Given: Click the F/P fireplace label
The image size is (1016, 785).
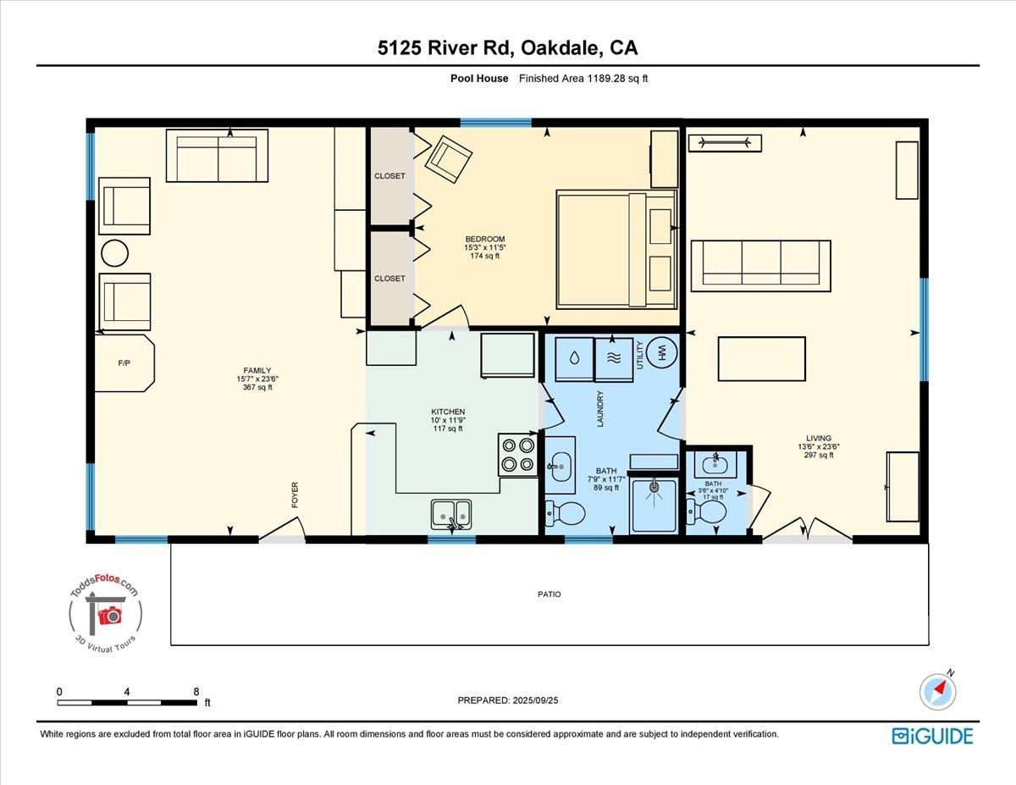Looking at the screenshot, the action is point(124,362).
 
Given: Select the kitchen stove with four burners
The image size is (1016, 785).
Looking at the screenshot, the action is point(517,455).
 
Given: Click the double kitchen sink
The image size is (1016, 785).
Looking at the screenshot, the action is point(451,514).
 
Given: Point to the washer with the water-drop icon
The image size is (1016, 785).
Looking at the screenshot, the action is point(574,360).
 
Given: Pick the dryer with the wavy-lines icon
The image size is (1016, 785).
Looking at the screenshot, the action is point(614,360).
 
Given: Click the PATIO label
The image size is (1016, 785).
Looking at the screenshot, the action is point(549,594).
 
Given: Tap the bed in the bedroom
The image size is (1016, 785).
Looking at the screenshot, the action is point(616,249).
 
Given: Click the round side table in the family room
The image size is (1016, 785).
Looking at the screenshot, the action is point(114,253).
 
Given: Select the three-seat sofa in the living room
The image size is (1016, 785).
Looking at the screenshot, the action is point(760,266).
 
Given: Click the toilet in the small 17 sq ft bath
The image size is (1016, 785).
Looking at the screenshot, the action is point(706,511).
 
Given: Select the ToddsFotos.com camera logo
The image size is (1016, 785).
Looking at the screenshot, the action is point(105,612).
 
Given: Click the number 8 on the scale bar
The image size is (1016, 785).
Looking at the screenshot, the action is point(196,692).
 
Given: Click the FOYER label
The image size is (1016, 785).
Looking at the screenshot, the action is point(295,495).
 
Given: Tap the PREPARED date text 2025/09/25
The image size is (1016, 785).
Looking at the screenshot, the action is point(535,700).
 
